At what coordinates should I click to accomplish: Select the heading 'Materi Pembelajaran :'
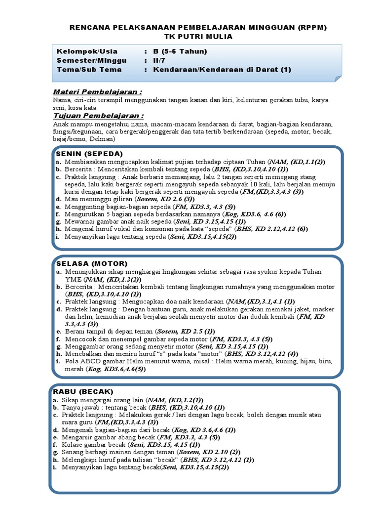pos(97,92)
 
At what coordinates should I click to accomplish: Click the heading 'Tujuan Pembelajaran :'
pos(98,116)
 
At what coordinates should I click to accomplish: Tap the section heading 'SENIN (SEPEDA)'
pos(89,153)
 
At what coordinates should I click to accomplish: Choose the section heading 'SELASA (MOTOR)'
pos(92,263)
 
